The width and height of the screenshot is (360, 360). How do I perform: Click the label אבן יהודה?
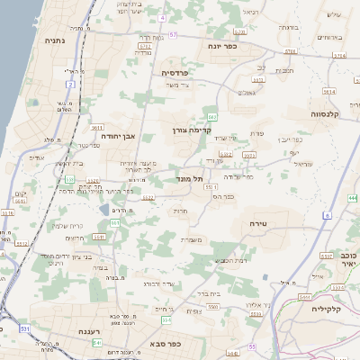point(118,136)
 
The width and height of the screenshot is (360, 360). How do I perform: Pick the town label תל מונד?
point(182,179)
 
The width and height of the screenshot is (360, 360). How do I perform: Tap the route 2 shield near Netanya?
point(70,84)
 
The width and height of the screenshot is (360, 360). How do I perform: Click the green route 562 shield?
point(212,117)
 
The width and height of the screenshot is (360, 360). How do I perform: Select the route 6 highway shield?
point(329,215)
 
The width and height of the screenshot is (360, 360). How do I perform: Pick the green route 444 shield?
point(351,197)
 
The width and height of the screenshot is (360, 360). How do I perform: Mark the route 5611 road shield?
point(330,92)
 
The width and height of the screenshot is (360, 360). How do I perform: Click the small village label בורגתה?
point(288,28)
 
